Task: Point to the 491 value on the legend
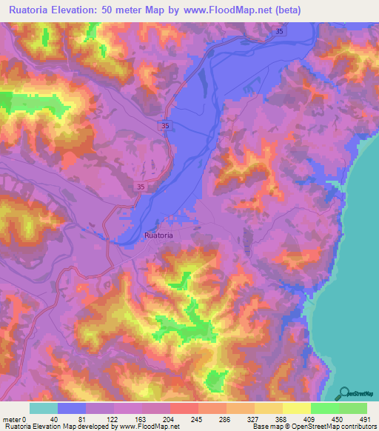pyautogui.click(x=363, y=419)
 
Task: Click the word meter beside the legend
pyautogui.click(x=13, y=419)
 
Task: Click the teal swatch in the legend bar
pyautogui.click(x=44, y=408)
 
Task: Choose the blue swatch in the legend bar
pyautogui.click(x=72, y=408)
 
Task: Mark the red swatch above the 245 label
pyautogui.click(x=184, y=408)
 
